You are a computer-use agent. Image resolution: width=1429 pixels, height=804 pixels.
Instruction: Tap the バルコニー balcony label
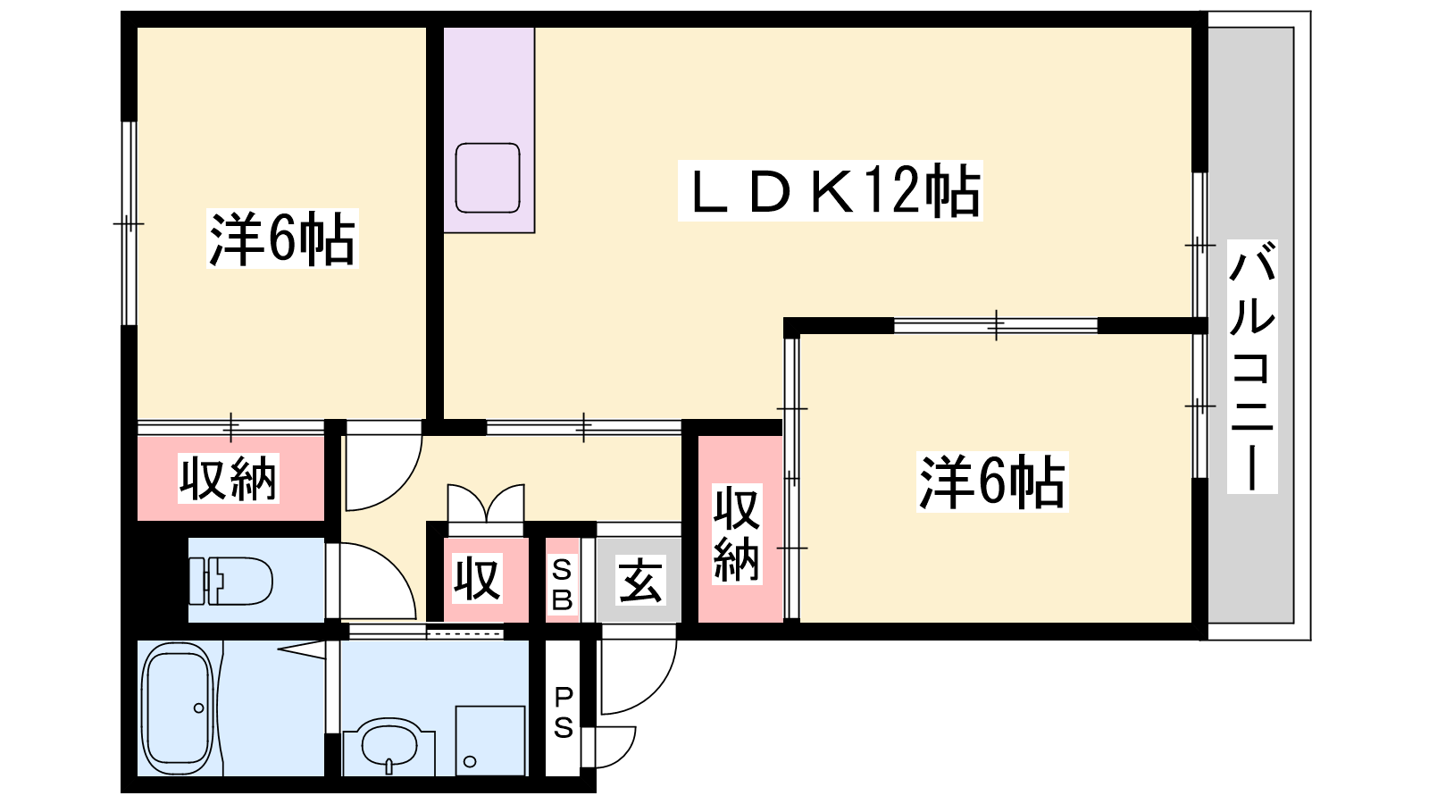point(1251,366)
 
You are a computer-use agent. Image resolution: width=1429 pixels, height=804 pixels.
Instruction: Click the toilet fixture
point(231,581)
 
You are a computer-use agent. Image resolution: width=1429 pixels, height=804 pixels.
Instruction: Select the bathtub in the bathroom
point(178,708)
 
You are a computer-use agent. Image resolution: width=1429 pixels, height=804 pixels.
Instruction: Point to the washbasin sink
point(389,747)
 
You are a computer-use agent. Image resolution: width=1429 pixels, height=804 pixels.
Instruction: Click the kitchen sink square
point(488,178)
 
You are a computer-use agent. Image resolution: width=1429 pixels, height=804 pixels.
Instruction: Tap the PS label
point(563,712)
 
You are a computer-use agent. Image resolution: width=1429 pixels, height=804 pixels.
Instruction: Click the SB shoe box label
point(562,584)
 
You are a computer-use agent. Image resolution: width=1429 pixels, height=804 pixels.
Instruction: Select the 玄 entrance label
point(639,580)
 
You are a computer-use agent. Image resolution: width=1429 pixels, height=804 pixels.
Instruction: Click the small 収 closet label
point(477,579)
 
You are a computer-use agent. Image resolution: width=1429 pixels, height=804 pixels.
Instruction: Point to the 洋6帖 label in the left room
point(281,239)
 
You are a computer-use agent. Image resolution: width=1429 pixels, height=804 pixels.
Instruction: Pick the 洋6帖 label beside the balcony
point(992,482)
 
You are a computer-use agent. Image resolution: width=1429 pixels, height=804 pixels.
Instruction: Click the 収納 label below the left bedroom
point(228,478)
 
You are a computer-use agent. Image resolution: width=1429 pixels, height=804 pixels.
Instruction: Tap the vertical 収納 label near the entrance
point(737,535)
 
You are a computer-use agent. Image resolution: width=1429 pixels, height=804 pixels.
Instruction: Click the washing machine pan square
point(490,741)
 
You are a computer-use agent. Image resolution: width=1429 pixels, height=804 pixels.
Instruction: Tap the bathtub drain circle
point(198,708)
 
